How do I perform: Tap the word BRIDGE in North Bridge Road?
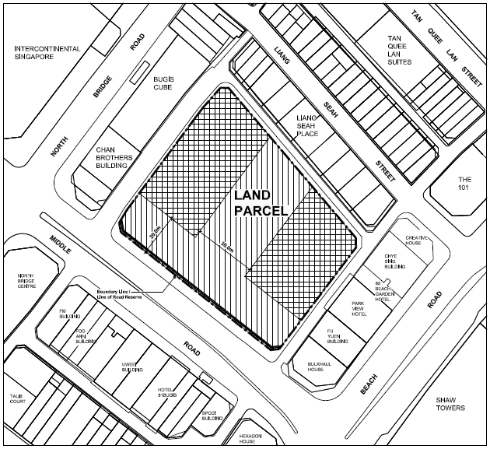pos(103,92)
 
